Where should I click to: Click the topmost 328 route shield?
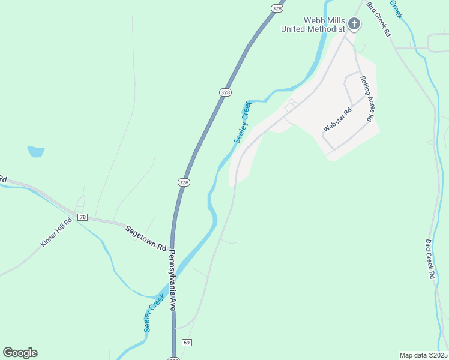276,8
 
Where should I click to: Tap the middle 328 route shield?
224,92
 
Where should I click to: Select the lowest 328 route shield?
184,182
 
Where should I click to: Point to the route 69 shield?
187,343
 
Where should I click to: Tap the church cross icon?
354,24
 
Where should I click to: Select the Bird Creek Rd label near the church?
378,19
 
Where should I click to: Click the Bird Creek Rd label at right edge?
430,259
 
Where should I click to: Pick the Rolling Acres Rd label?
367,99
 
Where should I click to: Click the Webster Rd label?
337,120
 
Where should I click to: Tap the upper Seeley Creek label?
243,122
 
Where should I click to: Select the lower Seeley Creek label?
154,314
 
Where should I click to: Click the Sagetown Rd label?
145,237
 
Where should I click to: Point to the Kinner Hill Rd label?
56,232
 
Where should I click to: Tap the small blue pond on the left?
35,151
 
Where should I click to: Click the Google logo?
20,353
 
